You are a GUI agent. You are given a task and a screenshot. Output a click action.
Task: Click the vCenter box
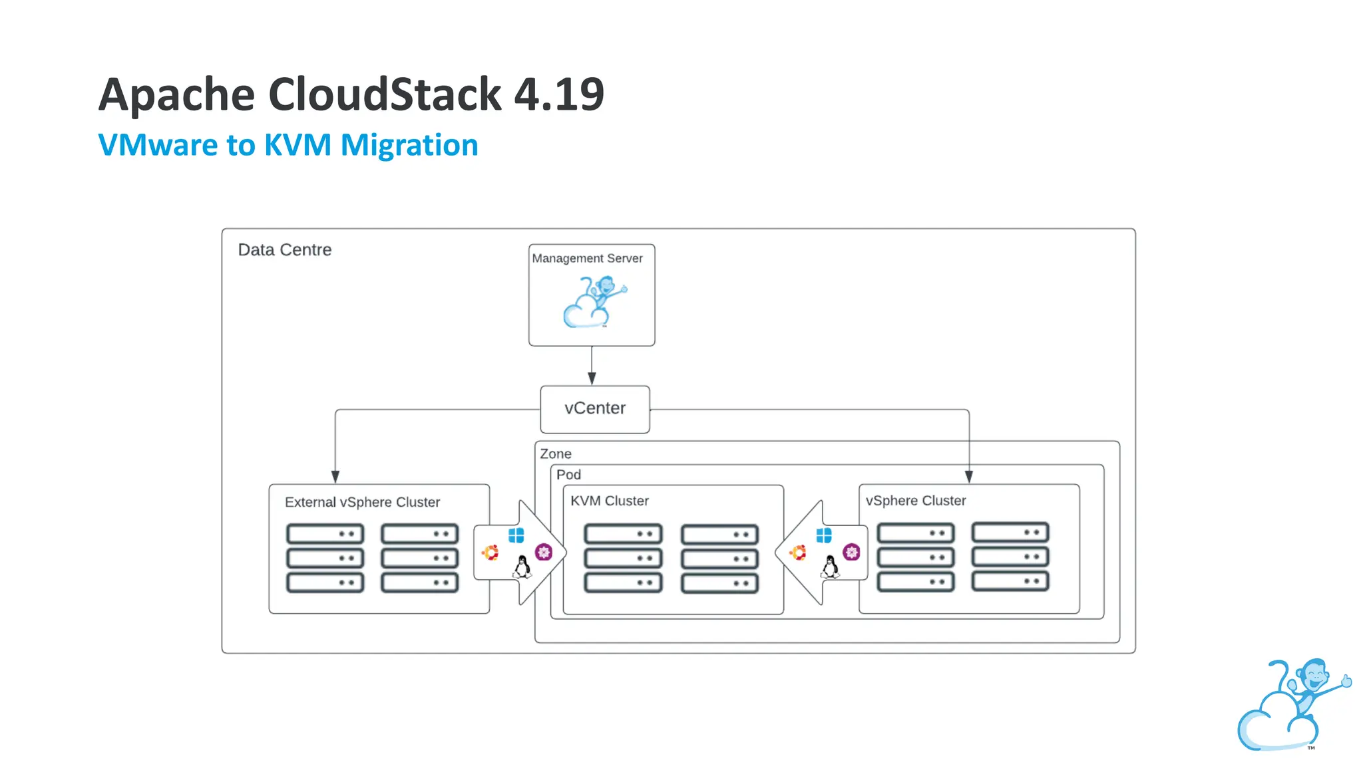(594, 409)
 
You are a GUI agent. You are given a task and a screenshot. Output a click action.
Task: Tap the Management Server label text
(587, 258)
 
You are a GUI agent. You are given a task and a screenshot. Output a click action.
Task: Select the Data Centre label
(285, 250)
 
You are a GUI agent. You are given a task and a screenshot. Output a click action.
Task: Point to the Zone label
(555, 454)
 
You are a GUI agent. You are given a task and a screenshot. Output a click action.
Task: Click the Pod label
(568, 475)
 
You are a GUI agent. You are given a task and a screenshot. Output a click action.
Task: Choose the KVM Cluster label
(609, 501)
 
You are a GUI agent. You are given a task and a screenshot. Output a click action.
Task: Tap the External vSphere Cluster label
(362, 502)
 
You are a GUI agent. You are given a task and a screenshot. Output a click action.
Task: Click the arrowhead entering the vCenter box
(592, 378)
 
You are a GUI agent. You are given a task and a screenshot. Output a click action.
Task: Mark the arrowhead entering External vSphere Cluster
(335, 477)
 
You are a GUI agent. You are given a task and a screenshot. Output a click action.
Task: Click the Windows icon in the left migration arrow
(516, 535)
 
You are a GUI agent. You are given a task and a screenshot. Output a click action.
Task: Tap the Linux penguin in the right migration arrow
(830, 567)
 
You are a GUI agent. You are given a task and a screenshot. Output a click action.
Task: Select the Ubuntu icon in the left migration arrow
(490, 553)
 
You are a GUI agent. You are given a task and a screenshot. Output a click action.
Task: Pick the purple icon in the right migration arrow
(851, 552)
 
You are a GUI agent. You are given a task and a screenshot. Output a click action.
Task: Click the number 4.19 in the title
(559, 94)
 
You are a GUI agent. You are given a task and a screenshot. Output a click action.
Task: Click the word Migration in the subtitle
(409, 145)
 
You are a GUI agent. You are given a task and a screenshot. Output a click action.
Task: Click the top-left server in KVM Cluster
(623, 534)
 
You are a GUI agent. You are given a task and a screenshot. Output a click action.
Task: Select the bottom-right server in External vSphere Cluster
(420, 583)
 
